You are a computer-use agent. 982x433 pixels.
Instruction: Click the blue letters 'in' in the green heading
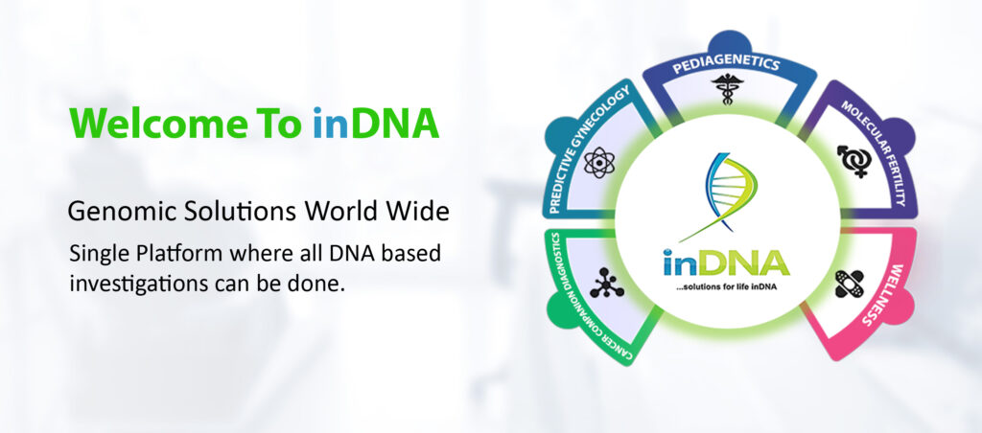327,124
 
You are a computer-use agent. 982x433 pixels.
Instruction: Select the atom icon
598,163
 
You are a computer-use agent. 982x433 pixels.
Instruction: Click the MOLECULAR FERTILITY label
874,152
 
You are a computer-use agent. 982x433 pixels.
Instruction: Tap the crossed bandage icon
850,285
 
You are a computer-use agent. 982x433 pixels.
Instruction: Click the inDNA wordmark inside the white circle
727,262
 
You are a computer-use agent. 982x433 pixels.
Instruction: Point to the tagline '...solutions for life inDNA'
726,286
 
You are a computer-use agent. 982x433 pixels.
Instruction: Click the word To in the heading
281,124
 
